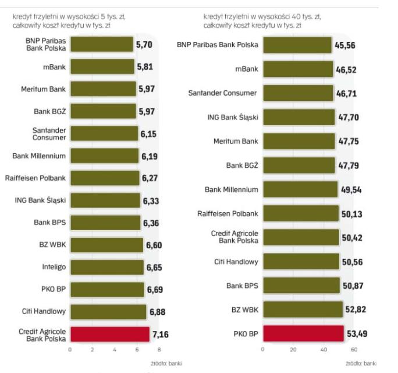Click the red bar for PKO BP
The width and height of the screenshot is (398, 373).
303,333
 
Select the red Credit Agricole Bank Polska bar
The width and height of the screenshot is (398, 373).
109,334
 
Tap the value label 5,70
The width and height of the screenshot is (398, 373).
145,44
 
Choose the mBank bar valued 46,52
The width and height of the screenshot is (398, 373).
298,69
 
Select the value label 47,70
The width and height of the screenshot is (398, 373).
349,118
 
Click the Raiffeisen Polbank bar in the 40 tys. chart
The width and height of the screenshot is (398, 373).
300,213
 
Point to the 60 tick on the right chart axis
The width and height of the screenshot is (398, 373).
353,350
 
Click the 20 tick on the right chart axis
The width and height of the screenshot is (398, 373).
293,350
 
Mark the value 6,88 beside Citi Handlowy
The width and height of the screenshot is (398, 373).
157,312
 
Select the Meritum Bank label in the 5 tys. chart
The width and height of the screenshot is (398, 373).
45,89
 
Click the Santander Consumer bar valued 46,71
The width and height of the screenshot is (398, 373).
298,93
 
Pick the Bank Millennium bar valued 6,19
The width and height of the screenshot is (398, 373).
104,156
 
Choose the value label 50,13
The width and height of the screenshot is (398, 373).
351,214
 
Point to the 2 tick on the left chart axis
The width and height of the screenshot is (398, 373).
92,350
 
